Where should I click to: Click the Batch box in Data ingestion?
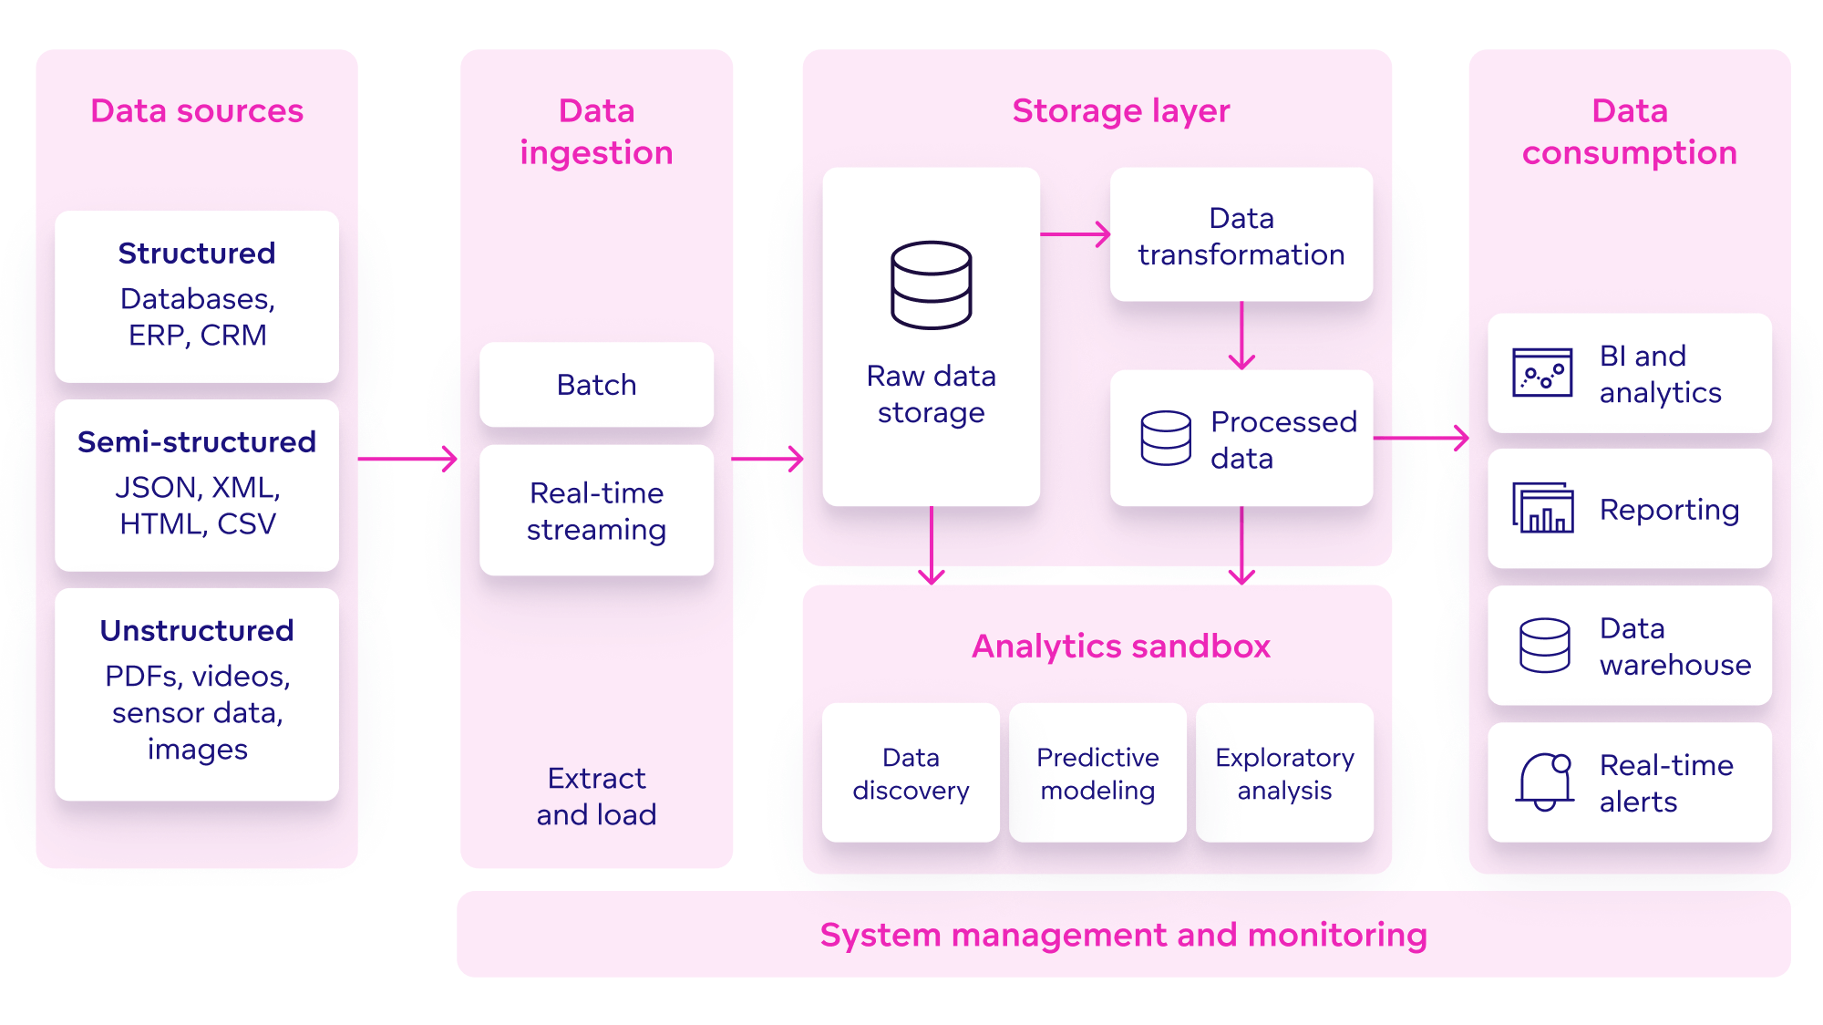click(x=596, y=385)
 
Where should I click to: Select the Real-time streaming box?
click(x=596, y=511)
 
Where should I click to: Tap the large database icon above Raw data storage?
click(x=931, y=285)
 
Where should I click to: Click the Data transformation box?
click(x=1241, y=235)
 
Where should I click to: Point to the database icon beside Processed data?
click(x=1165, y=439)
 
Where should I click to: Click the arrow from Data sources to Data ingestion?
click(x=407, y=459)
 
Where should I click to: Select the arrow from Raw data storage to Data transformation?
click(x=1075, y=234)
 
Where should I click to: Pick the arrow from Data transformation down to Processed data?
click(x=1241, y=336)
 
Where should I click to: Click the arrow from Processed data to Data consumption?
click(x=1421, y=438)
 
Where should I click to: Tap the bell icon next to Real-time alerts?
click(x=1545, y=782)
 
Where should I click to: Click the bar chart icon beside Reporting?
click(x=1543, y=508)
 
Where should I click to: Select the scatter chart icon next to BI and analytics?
click(x=1542, y=372)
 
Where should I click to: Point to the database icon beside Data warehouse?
click(x=1544, y=646)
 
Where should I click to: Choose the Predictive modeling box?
click(x=1097, y=773)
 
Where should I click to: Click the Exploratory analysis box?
click(x=1284, y=773)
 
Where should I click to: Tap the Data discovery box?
click(x=911, y=773)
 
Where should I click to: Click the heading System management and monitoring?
click(x=1123, y=935)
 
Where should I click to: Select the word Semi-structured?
click(x=197, y=442)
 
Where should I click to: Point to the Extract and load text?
click(x=596, y=796)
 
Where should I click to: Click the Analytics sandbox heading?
click(x=1120, y=647)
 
